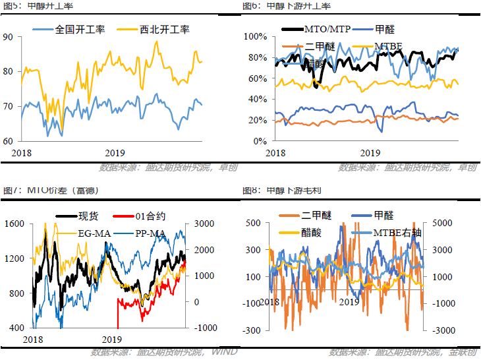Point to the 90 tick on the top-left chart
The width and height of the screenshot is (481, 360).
click(x=8, y=37)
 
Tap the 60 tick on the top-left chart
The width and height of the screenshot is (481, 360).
click(x=8, y=141)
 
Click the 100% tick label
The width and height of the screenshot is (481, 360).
click(x=254, y=37)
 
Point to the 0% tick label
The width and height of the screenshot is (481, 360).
click(x=259, y=141)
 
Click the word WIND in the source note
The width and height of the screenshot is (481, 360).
click(x=225, y=352)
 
